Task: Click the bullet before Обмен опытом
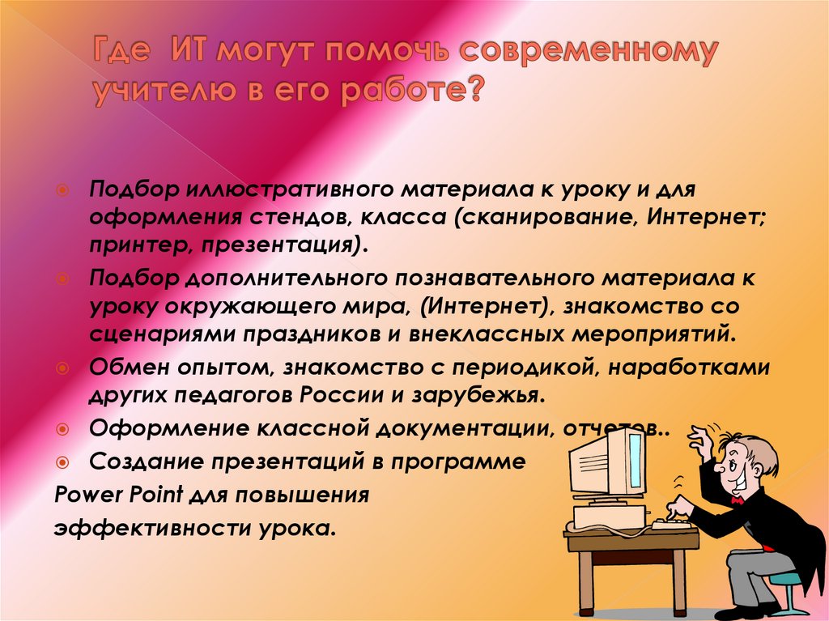coord(62,368)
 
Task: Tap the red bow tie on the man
coord(737,500)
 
